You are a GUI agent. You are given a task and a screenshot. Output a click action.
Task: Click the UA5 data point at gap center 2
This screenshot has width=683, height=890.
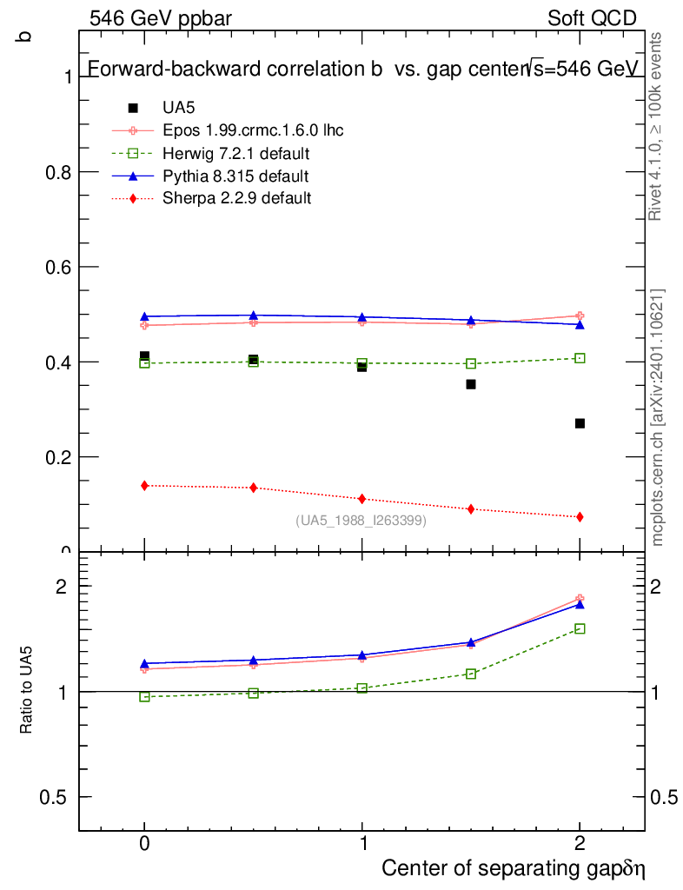(580, 423)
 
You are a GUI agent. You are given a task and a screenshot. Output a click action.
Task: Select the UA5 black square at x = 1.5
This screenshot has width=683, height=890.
(471, 384)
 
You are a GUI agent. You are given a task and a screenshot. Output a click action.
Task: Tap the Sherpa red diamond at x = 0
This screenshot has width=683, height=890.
(144, 485)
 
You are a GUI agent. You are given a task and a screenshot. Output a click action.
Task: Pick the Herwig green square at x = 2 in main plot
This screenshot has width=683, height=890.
(580, 358)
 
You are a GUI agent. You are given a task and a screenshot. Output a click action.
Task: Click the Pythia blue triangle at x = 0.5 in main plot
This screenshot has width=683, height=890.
(253, 315)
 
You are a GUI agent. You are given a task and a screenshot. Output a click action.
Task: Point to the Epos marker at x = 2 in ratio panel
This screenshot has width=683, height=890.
(580, 598)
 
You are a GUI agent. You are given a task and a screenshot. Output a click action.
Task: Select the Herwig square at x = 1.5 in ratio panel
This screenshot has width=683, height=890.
(471, 674)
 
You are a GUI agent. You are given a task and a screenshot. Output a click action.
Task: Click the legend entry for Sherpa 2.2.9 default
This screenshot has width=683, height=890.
(236, 198)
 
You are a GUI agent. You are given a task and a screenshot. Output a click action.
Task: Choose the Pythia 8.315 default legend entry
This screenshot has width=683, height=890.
(235, 176)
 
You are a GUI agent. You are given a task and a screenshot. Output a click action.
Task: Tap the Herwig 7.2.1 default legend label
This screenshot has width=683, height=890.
(236, 154)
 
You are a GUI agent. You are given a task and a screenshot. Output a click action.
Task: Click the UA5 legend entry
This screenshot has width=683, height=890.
(179, 108)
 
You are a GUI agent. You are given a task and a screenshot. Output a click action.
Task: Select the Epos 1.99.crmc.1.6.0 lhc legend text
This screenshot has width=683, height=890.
(253, 130)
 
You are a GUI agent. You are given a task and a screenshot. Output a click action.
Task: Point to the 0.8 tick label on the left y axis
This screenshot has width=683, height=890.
(58, 172)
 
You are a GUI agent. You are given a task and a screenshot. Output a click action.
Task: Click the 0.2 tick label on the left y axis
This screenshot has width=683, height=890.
(58, 457)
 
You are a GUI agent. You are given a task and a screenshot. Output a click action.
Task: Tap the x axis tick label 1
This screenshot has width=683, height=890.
(362, 842)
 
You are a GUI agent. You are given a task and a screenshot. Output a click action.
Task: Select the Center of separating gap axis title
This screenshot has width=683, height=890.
(513, 868)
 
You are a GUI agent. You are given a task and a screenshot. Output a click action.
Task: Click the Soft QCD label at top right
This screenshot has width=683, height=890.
(592, 18)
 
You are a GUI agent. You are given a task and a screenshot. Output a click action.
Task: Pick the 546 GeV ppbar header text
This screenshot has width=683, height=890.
(161, 18)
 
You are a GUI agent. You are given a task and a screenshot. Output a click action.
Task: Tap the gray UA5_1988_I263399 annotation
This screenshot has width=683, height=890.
(361, 521)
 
